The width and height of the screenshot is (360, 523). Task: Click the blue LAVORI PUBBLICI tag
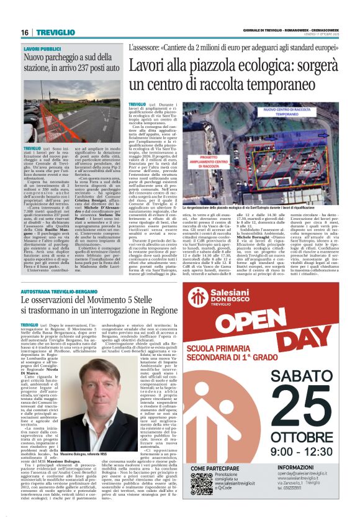pos(42,48)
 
